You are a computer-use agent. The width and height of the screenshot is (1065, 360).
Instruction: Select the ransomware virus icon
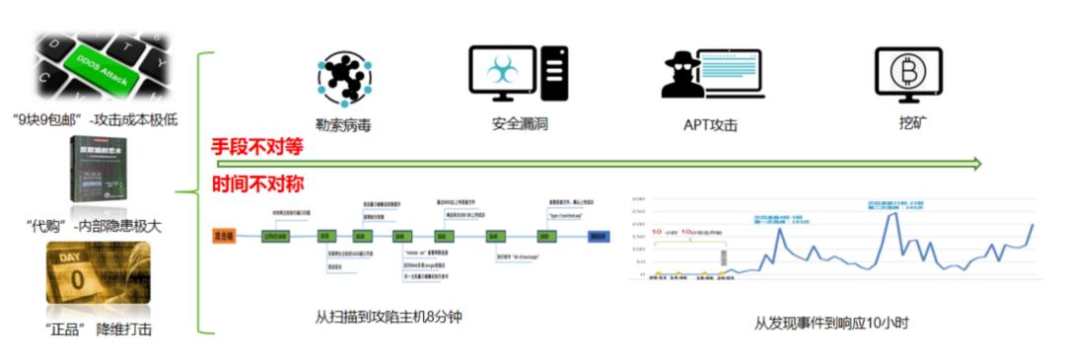pos(343,77)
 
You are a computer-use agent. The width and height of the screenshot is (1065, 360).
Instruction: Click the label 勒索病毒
pos(343,125)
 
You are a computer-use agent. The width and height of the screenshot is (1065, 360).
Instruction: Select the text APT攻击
pos(710,125)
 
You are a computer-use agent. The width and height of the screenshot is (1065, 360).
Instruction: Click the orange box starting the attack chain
pos(225,237)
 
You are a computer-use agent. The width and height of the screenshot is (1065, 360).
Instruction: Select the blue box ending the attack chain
pos(598,237)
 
